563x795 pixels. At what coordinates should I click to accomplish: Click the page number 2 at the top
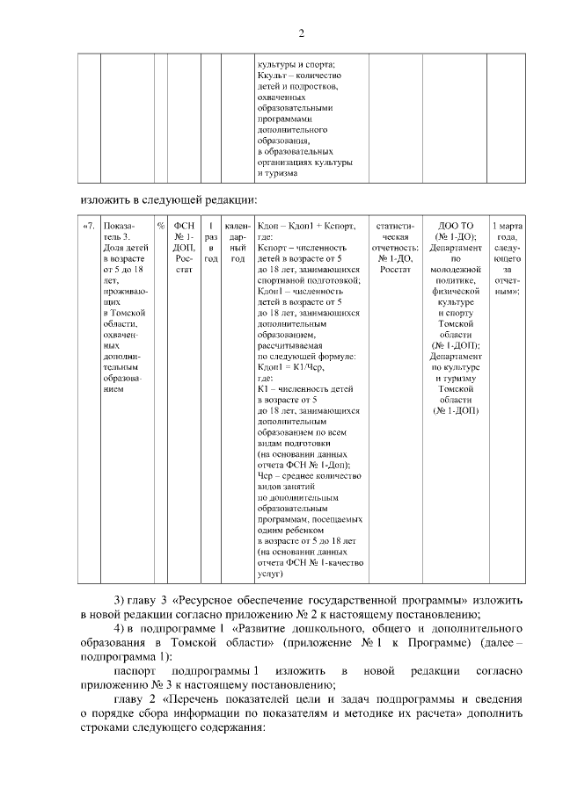(x=301, y=34)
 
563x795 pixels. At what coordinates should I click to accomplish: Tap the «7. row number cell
(x=88, y=226)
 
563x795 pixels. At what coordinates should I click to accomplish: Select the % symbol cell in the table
(x=160, y=226)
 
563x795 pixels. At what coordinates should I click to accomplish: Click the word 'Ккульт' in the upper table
(x=271, y=76)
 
